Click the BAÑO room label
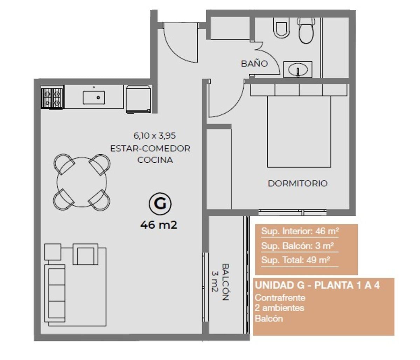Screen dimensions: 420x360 pyautogui.click(x=254, y=64)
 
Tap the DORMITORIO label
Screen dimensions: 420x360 pyautogui.click(x=298, y=183)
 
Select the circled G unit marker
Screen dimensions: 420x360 pyautogui.click(x=160, y=204)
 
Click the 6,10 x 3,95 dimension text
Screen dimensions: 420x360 pyautogui.click(x=154, y=135)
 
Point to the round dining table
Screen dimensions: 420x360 pyautogui.click(x=82, y=182)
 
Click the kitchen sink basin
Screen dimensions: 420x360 pyautogui.click(x=94, y=98)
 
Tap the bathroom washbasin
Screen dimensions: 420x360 pyautogui.click(x=298, y=70)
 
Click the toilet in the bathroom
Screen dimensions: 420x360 pyautogui.click(x=306, y=30)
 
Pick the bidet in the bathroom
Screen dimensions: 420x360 pyautogui.click(x=281, y=28)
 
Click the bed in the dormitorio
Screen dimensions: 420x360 pyautogui.click(x=299, y=126)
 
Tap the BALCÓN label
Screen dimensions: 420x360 pyautogui.click(x=225, y=282)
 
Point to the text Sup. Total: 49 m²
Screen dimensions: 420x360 pyautogui.click(x=295, y=260)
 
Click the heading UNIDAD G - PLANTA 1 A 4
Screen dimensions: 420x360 pyautogui.click(x=317, y=285)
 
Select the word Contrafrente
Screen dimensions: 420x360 pyautogui.click(x=280, y=298)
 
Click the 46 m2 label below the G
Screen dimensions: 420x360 pyautogui.click(x=159, y=225)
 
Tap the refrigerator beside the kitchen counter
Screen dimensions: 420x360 pyautogui.click(x=138, y=99)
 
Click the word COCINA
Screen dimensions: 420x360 pyautogui.click(x=155, y=160)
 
